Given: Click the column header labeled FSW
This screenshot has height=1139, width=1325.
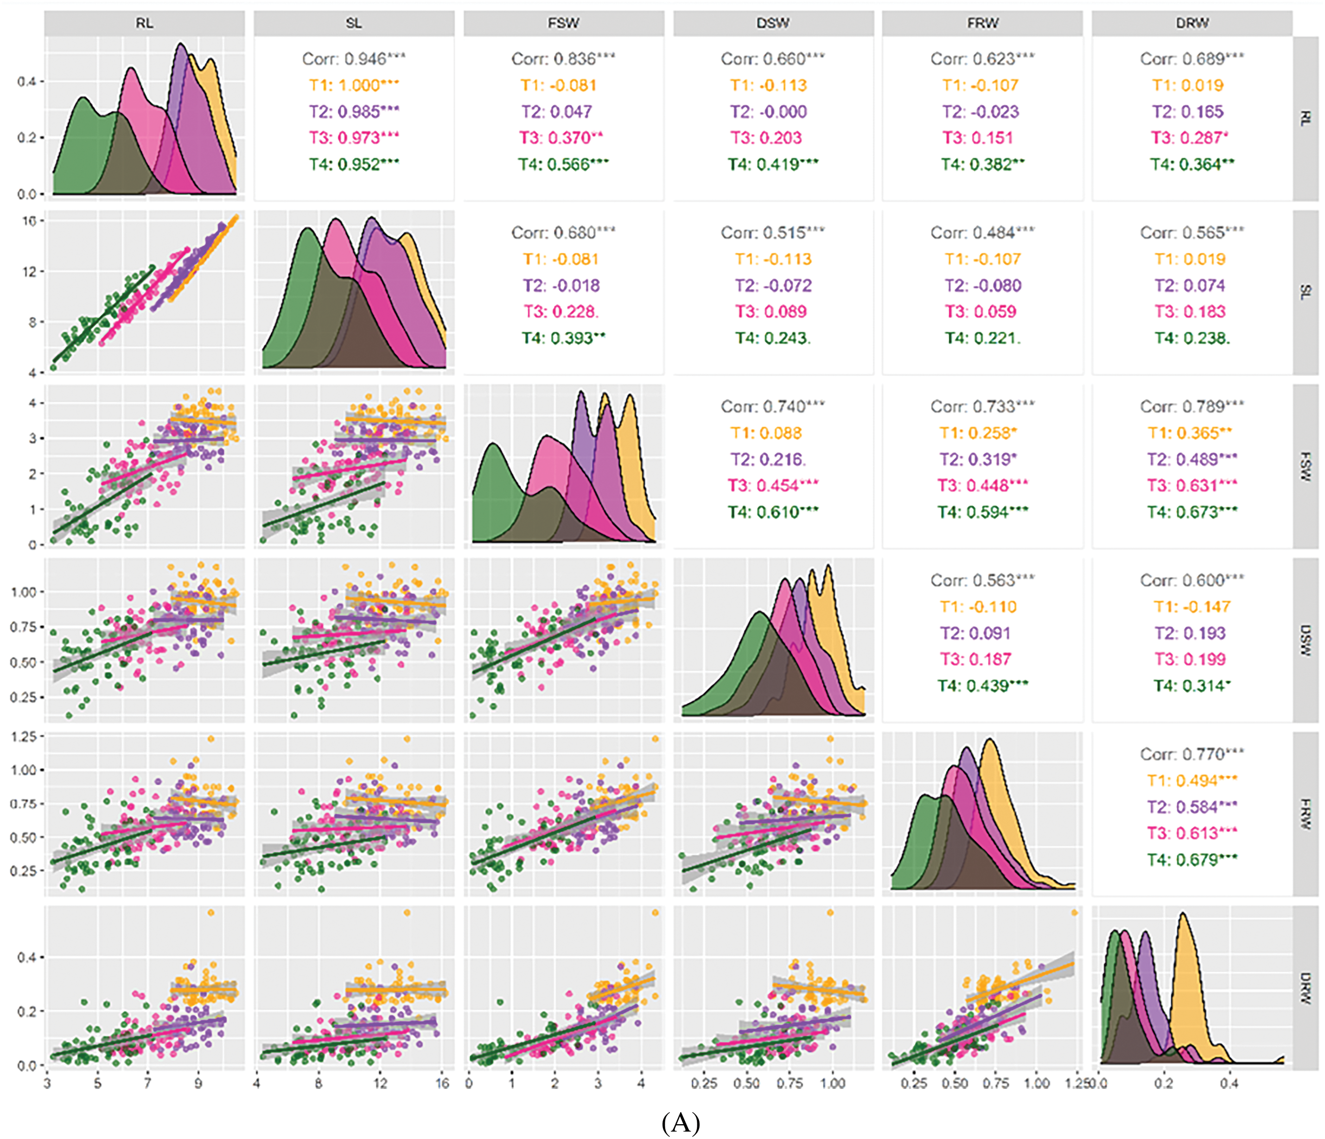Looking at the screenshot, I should [x=563, y=23].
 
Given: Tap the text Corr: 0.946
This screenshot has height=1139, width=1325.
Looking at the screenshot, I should [x=353, y=59].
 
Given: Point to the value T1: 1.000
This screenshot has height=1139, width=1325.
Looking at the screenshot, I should [x=353, y=85].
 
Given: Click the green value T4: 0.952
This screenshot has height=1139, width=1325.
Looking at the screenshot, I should [x=353, y=165].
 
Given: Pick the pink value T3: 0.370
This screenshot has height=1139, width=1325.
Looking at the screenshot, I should [x=561, y=138].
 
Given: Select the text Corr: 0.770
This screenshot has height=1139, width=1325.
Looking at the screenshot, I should [x=1191, y=754].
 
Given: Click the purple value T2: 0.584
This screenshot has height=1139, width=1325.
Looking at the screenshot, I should [x=1191, y=807].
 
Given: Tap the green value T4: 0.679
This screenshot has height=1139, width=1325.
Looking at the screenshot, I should [x=1191, y=859].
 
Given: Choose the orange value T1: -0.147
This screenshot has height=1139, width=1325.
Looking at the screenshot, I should [x=1191, y=606].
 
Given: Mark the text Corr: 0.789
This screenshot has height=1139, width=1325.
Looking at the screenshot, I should [x=1191, y=406].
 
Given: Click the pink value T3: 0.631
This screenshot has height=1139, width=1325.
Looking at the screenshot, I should [x=1191, y=485].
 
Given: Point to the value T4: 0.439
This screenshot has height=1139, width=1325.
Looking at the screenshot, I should [x=982, y=686].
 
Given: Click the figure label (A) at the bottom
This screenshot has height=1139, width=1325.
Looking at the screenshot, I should [x=681, y=1122].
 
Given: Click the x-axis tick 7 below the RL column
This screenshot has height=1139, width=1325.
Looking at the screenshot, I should [x=148, y=1083].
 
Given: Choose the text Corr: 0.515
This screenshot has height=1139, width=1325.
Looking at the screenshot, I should [x=772, y=232].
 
